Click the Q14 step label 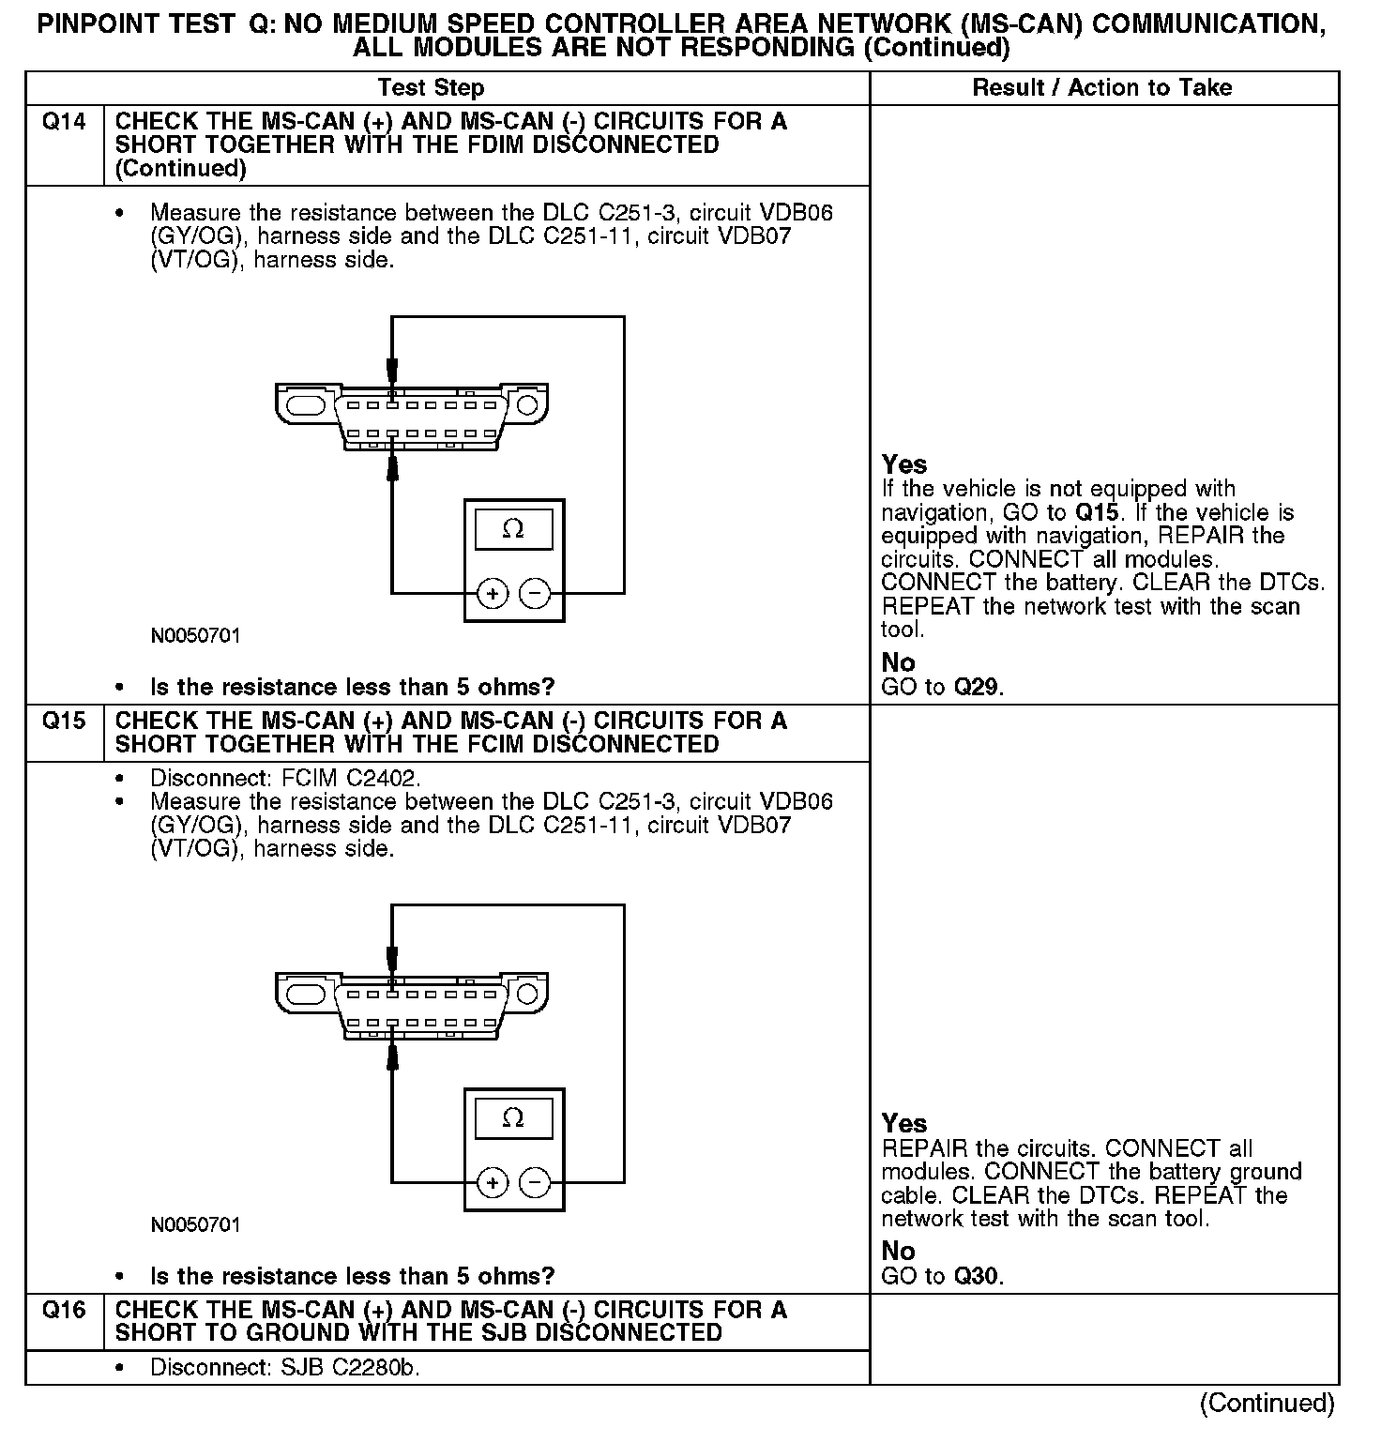(x=64, y=122)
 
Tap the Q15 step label (x=64, y=721)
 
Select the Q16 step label (x=64, y=1311)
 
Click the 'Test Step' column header (x=431, y=88)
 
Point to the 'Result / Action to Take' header (x=1102, y=88)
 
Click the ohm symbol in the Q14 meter (x=513, y=529)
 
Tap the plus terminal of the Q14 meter (x=493, y=593)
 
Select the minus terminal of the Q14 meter (x=535, y=593)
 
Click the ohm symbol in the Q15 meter (x=513, y=1118)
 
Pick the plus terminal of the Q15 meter (x=493, y=1182)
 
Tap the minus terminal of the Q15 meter (x=535, y=1182)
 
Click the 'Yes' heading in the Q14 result (x=904, y=464)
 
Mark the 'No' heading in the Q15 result (x=898, y=1251)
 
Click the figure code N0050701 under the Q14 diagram (x=195, y=636)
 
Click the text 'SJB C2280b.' (x=350, y=1368)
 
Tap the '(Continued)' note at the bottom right (x=1267, y=1403)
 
